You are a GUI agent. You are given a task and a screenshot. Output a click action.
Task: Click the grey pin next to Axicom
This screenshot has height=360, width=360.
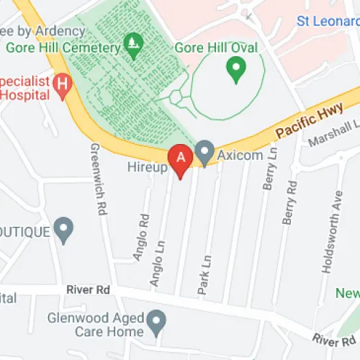[x=206, y=153]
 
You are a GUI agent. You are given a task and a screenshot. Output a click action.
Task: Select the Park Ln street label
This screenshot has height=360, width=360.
[x=204, y=273]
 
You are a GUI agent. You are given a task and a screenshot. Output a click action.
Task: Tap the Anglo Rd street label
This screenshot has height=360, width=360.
[x=142, y=233]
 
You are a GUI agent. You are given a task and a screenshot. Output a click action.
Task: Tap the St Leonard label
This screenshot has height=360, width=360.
[x=328, y=20]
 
